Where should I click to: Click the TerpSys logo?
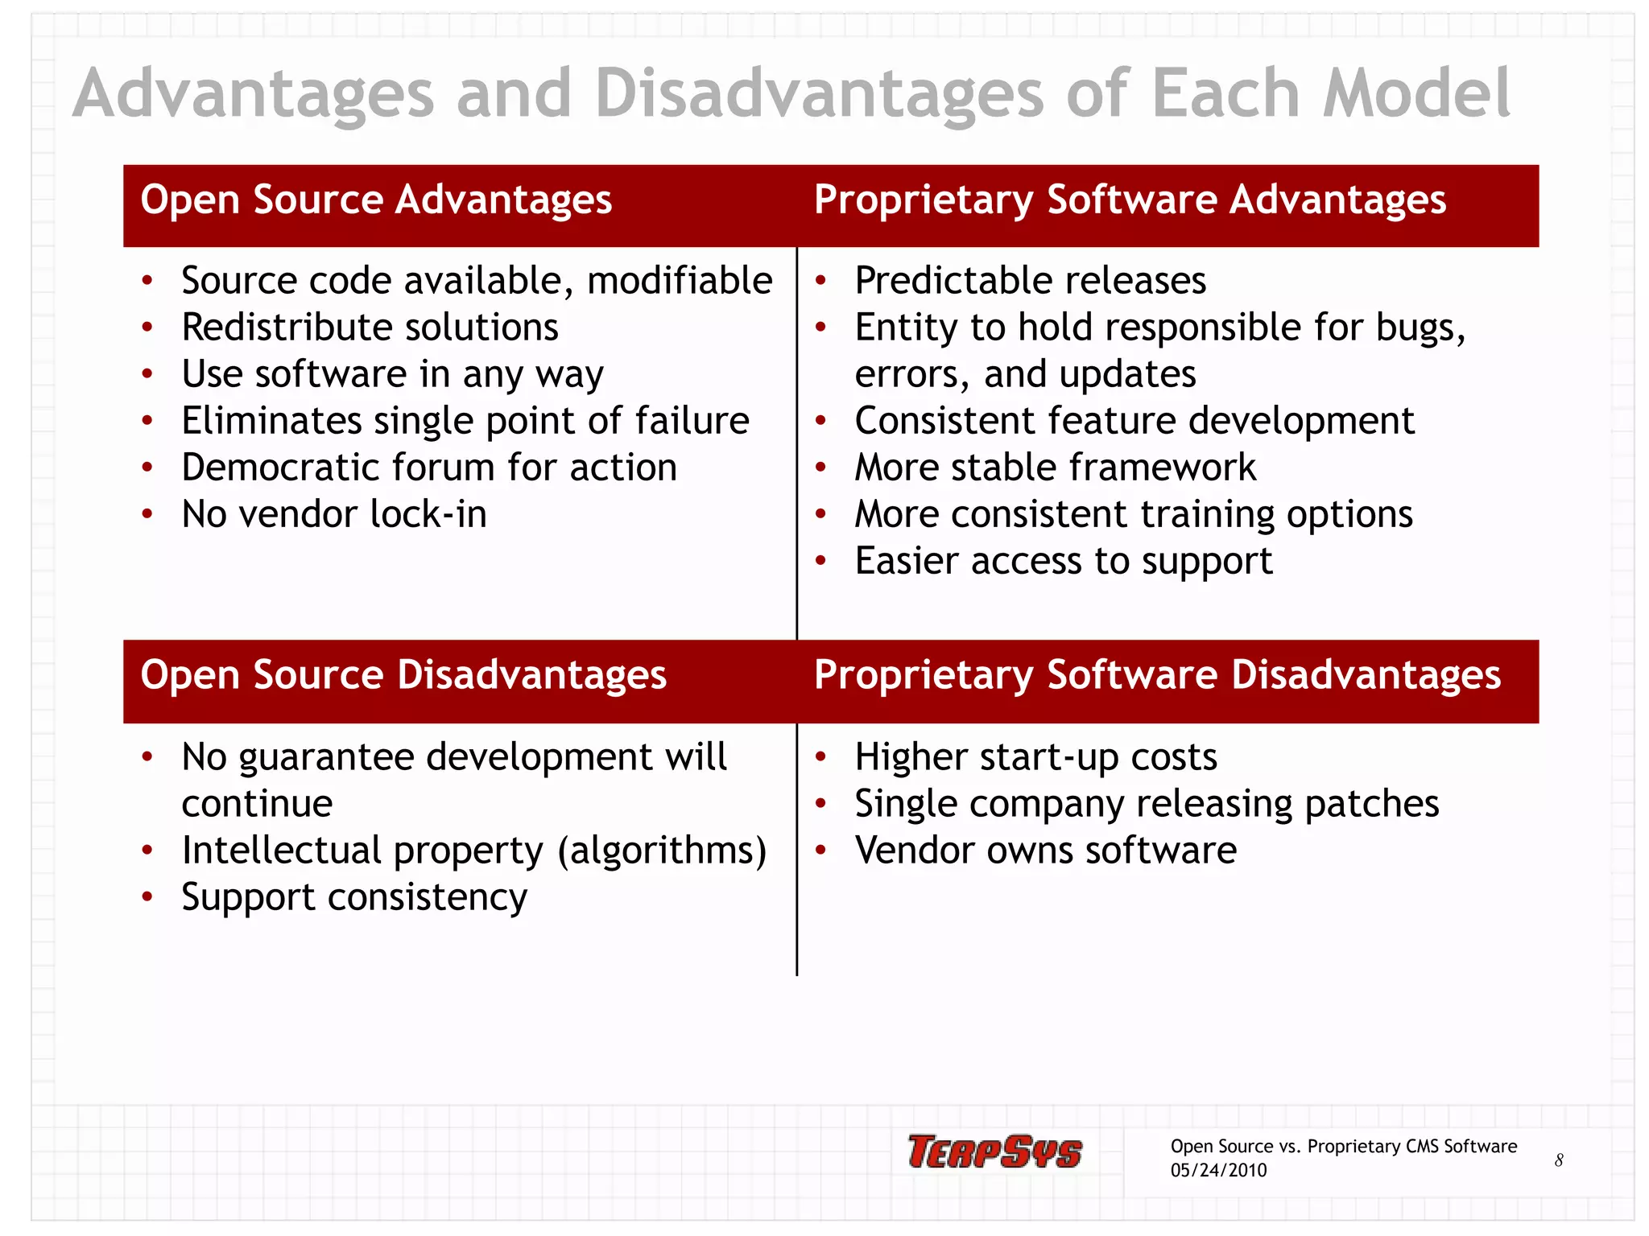tap(994, 1152)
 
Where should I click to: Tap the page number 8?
tap(1559, 1160)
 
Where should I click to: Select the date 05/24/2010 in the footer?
tap(1218, 1171)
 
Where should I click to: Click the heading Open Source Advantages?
tap(376, 200)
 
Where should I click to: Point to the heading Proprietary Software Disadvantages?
tap(1157, 674)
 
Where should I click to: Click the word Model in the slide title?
tap(1417, 93)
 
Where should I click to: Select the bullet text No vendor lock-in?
tap(334, 514)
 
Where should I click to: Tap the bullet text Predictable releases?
tap(1030, 281)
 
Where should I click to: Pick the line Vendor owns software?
tap(1045, 851)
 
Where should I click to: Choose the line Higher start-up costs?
tap(1035, 757)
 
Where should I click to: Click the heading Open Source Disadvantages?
tap(403, 674)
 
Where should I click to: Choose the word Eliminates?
tap(271, 421)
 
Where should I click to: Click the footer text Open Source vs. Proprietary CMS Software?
tap(1343, 1146)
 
